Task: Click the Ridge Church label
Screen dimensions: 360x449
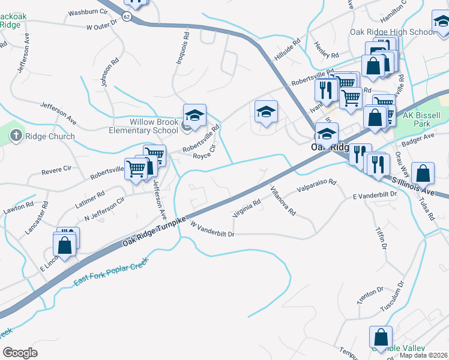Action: coord(50,136)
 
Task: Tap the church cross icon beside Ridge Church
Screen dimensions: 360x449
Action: coord(16,136)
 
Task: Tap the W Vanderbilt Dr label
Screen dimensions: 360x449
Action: coord(212,229)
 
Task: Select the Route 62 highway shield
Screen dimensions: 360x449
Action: coord(127,16)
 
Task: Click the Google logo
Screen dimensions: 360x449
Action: coord(20,352)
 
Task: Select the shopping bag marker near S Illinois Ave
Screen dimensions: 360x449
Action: coord(423,173)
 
